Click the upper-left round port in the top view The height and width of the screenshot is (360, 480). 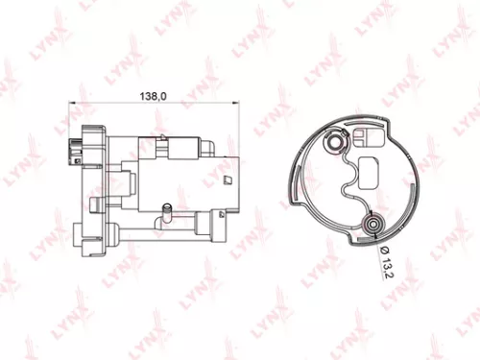click(x=335, y=143)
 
